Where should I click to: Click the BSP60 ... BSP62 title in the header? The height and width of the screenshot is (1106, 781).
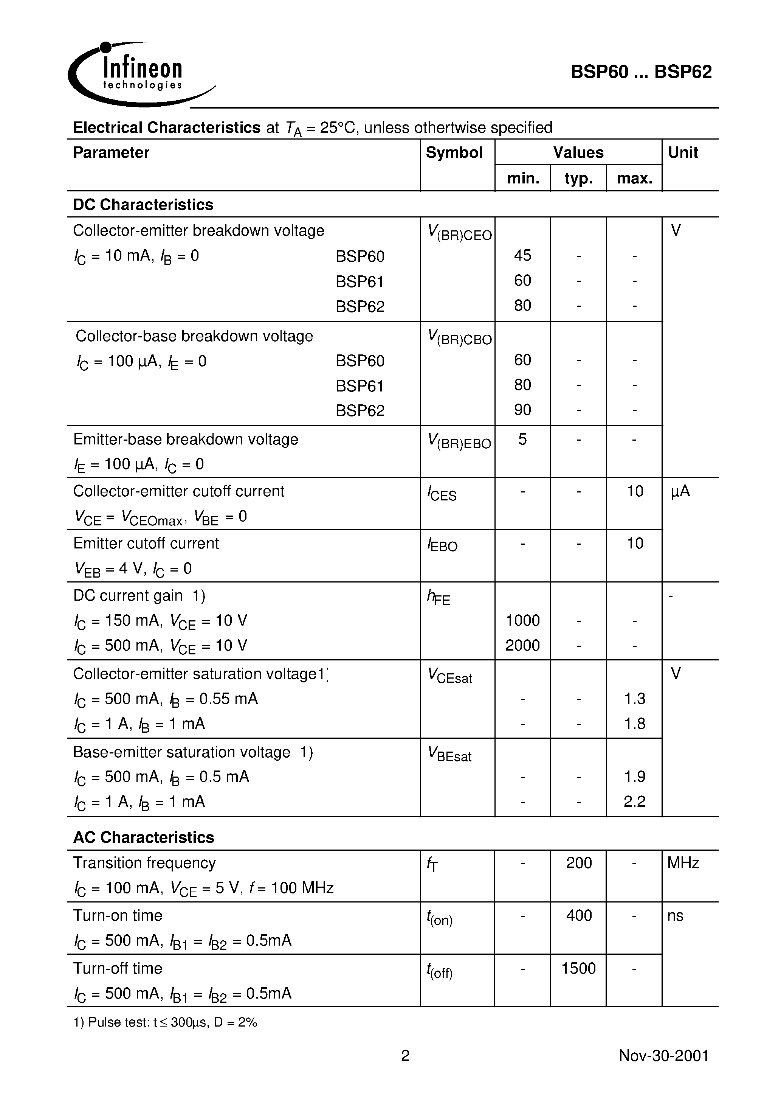(x=641, y=72)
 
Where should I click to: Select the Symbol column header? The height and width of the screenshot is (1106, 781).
(x=454, y=153)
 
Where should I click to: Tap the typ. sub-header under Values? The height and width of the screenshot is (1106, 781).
(x=578, y=179)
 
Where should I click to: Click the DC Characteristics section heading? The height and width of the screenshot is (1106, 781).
(x=143, y=205)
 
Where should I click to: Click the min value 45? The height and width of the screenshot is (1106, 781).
(x=522, y=255)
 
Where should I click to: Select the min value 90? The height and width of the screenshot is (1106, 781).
(x=522, y=410)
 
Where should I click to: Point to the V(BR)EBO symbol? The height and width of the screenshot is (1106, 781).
(x=459, y=441)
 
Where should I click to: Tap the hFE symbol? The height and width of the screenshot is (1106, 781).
(x=439, y=598)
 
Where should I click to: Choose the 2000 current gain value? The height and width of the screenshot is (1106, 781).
(x=522, y=646)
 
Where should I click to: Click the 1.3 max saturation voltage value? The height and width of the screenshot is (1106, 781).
(x=634, y=699)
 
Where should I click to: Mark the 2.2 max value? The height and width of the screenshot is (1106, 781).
(x=634, y=802)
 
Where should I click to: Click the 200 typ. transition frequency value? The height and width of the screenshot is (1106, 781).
(x=579, y=863)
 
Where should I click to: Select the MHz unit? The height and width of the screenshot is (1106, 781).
(x=683, y=863)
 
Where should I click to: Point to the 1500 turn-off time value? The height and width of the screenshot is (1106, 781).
(x=579, y=968)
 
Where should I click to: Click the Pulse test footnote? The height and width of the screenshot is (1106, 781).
(x=165, y=1022)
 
